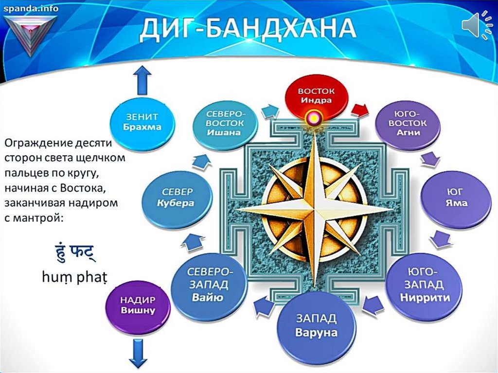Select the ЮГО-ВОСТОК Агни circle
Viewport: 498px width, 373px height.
tap(408, 123)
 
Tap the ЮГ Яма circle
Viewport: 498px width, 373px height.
tap(456, 197)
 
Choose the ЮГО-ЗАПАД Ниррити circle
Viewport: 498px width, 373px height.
tap(425, 284)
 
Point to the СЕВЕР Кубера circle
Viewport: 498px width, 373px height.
tap(177, 197)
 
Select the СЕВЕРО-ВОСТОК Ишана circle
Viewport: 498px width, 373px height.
tap(225, 123)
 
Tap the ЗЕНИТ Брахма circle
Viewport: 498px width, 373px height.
tap(142, 123)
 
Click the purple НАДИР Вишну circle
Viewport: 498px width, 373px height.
tap(138, 305)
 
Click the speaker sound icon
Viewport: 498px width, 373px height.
tap(477, 25)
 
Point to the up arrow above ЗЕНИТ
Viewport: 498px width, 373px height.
tap(142, 80)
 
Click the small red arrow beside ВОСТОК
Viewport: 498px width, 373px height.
tap(360, 110)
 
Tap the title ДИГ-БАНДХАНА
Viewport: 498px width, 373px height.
tap(248, 29)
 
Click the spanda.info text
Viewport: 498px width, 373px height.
tap(31, 8)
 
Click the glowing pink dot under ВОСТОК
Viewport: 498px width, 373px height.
tap(314, 119)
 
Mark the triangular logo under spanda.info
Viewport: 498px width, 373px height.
tap(31, 34)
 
